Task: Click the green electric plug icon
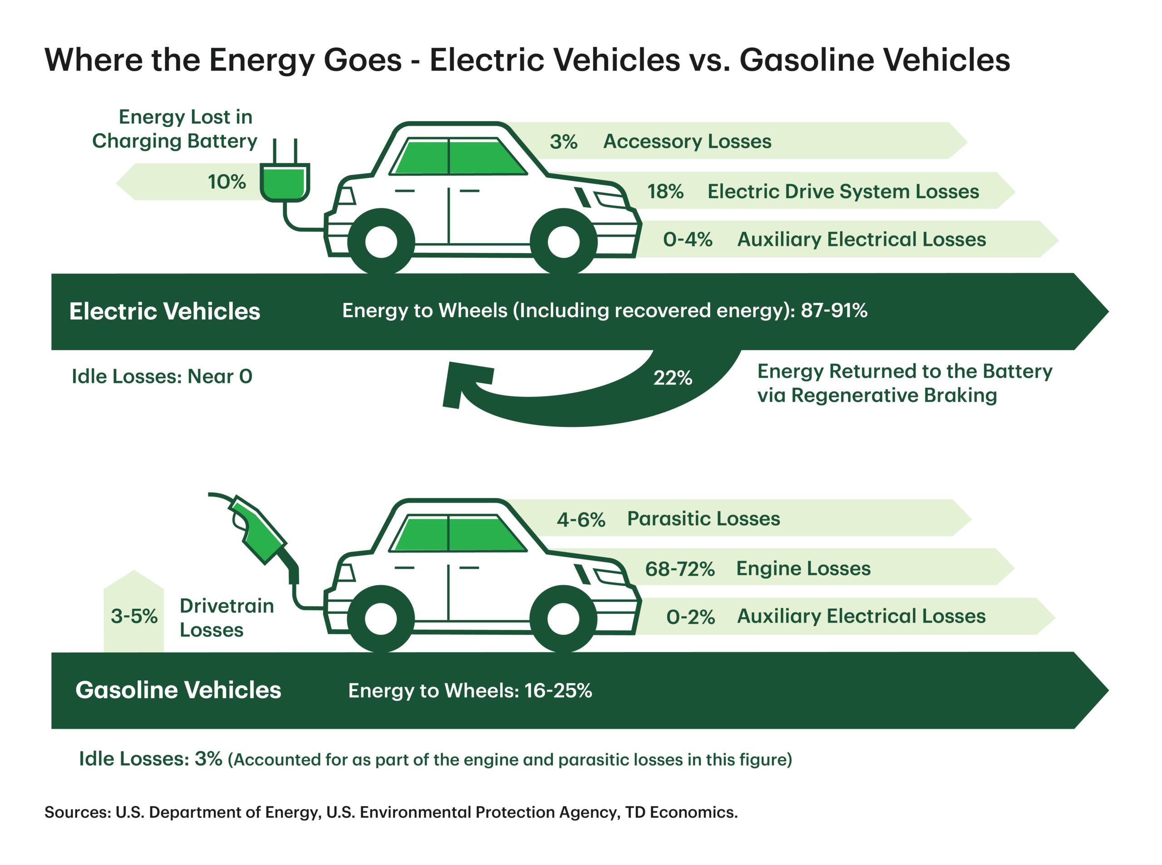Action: [x=285, y=181]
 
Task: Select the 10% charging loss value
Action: [x=226, y=182]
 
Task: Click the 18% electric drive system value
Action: [x=665, y=191]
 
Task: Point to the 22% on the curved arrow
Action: [x=672, y=377]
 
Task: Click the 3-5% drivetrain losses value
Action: [x=133, y=616]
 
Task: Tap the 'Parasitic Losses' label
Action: [x=703, y=518]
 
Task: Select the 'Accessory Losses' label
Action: [x=687, y=142]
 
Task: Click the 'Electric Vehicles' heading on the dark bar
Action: [x=164, y=311]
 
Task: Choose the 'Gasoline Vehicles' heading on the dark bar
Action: [x=178, y=689]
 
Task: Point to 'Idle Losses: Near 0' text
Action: [x=162, y=376]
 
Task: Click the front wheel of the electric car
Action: [x=563, y=242]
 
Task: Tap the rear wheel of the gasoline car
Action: [x=381, y=618]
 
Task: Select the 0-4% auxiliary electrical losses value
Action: [x=687, y=239]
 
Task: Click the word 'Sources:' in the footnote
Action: [x=78, y=812]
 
